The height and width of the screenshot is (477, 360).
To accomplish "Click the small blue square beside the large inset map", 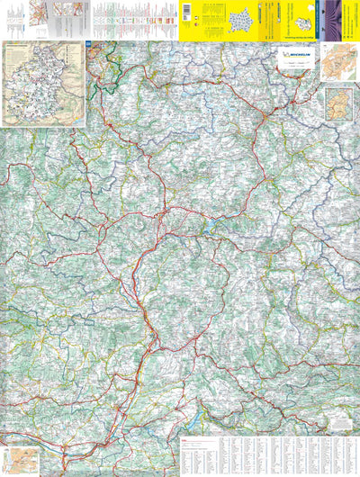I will tap(88, 44).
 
